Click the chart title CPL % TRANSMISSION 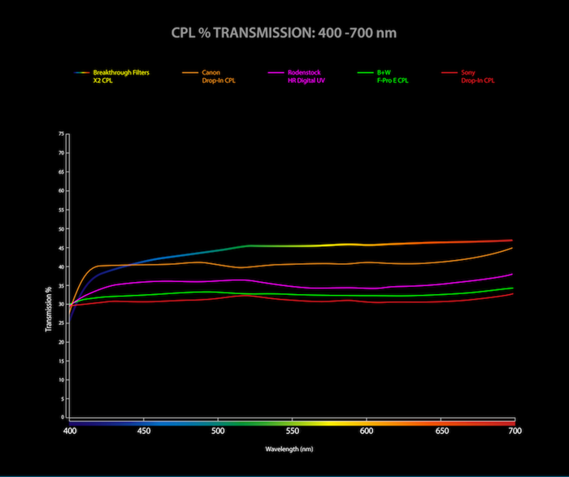(284, 33)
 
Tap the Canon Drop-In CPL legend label (219, 76)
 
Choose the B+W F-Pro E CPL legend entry (397, 76)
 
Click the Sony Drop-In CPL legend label (477, 76)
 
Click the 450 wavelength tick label (144, 431)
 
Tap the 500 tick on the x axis (218, 431)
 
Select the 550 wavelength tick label (292, 431)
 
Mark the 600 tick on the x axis (366, 431)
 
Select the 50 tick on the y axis (61, 228)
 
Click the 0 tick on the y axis (63, 417)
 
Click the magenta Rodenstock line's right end (512, 274)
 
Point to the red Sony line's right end (512, 293)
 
